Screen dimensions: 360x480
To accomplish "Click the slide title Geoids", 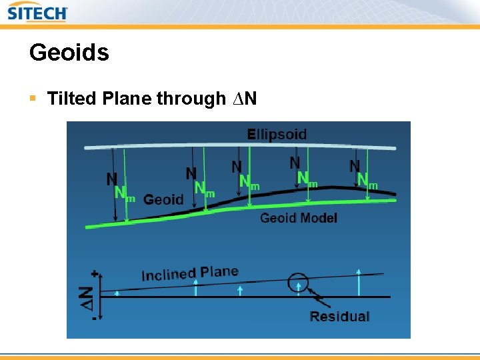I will tap(69, 53).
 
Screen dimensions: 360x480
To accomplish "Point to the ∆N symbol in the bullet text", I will tap(243, 99).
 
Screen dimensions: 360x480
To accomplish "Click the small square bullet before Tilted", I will tap(33, 99).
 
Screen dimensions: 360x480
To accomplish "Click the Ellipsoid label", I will tap(277, 134).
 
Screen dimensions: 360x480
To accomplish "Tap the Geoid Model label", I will tap(298, 218).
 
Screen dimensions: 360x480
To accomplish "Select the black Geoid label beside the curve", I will tap(163, 199).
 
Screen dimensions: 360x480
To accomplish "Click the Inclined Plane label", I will tap(189, 273).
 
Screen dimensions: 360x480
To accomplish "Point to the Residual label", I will tap(339, 316).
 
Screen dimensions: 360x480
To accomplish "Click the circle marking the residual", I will tap(299, 283).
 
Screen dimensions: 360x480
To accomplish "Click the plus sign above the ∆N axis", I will tap(95, 273).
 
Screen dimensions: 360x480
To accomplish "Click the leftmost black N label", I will tap(112, 179).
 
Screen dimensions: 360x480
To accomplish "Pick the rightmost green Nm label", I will tap(366, 180).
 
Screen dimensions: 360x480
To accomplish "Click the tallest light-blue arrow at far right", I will tap(359, 282).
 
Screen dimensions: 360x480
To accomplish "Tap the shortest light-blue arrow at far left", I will tap(117, 293).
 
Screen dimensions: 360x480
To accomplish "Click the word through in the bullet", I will tap(191, 99).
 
